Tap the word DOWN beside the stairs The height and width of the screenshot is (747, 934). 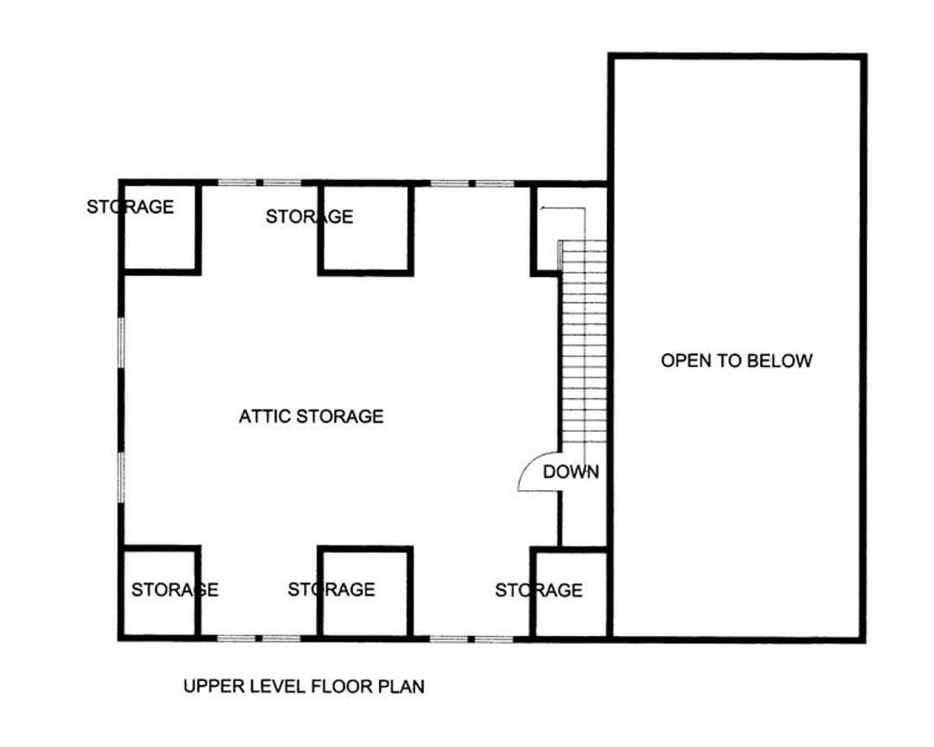pos(571,472)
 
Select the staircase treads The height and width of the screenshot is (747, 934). pos(583,341)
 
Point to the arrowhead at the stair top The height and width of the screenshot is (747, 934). pos(542,208)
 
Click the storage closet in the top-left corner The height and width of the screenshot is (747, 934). pos(160,227)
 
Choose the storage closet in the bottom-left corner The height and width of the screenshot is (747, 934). pos(160,593)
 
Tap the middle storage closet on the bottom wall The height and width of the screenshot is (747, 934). pos(366,593)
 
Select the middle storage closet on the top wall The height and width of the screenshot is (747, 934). pos(366,228)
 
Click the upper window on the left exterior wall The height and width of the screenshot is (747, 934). pos(122,342)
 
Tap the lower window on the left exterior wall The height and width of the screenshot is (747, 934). pos(122,477)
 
